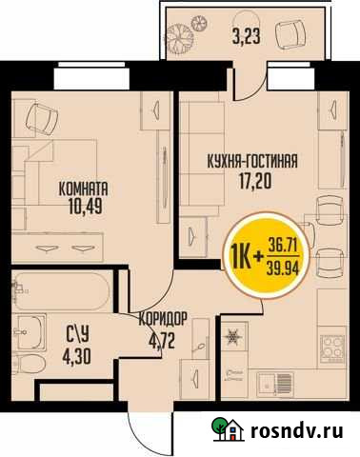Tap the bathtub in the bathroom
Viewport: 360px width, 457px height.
(x=57, y=287)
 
